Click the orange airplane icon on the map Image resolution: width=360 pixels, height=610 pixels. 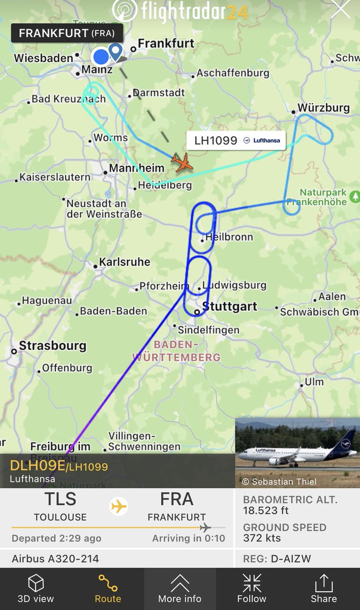click(182, 162)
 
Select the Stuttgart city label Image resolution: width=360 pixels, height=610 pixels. click(229, 307)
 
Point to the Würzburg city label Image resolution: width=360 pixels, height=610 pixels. click(323, 108)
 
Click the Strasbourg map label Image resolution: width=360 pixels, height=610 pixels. click(52, 346)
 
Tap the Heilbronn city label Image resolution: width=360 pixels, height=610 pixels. click(229, 237)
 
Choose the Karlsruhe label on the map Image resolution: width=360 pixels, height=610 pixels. click(125, 262)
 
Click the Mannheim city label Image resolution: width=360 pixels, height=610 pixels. click(137, 168)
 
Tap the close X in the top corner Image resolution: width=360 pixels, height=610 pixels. click(340, 10)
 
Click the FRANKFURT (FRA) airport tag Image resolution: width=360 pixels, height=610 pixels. click(67, 34)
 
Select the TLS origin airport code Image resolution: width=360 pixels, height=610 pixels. click(60, 499)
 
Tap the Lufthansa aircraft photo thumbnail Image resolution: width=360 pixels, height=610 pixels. click(297, 453)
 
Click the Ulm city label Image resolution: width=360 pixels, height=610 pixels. click(314, 382)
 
